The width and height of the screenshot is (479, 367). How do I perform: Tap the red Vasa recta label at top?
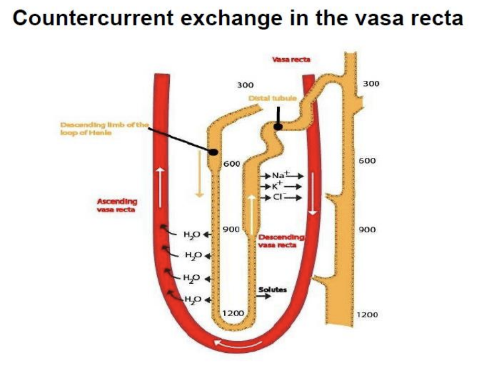coord(291,59)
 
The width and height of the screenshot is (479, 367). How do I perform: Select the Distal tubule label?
coord(273,98)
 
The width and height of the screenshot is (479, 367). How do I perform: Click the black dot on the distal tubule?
coord(278,126)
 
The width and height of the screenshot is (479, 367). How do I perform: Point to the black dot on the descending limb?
coord(214,152)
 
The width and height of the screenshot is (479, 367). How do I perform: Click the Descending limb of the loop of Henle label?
coord(105,128)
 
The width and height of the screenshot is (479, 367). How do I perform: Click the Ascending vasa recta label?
coord(117,205)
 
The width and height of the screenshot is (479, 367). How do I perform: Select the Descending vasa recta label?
coord(282,241)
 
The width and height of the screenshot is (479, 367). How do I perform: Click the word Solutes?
coord(272,289)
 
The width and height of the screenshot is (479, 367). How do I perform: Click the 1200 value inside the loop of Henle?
coord(233,313)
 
